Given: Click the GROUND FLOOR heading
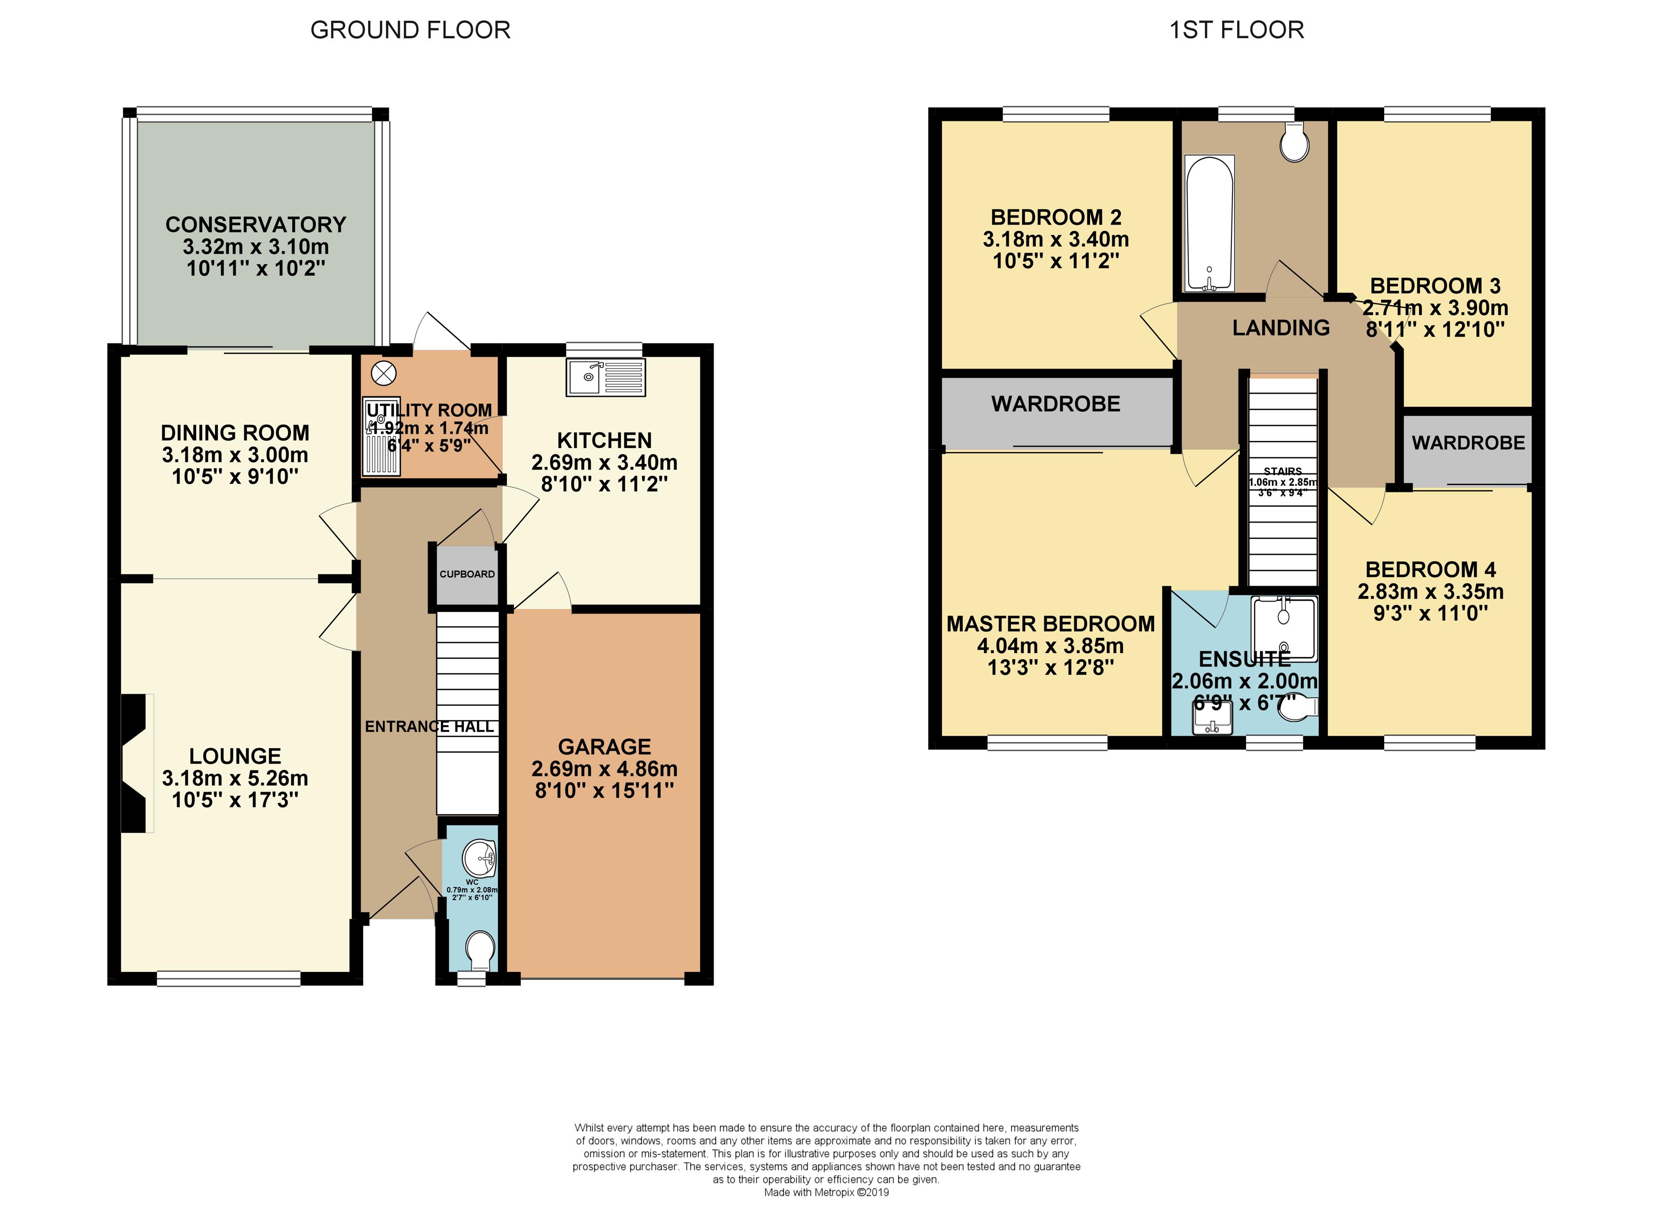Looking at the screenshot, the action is click(410, 30).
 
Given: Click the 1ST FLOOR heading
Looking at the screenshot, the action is click(1236, 30).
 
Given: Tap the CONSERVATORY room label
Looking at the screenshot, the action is click(256, 224).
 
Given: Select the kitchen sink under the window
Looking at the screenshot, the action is click(605, 377).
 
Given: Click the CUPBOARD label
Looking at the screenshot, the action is click(467, 574).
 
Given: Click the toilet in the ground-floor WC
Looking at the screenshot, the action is click(480, 951).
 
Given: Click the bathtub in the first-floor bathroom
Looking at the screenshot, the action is click(1210, 223).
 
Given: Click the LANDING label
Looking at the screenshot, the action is click(1281, 328).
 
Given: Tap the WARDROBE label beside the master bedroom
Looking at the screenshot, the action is click(1056, 404).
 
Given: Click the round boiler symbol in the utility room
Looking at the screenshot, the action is click(384, 373).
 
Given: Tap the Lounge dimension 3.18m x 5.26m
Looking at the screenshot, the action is click(235, 778).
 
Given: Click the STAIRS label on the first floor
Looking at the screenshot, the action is click(1282, 471).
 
